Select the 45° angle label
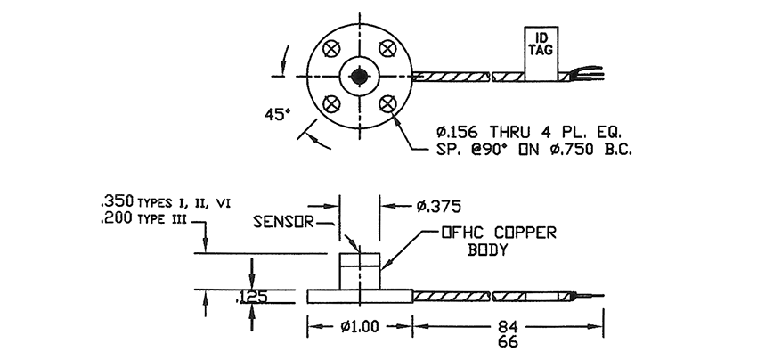(278, 114)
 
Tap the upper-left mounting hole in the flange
(332, 48)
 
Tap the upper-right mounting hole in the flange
(387, 48)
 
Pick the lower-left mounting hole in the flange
(332, 103)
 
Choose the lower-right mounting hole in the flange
(387, 103)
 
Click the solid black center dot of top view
(360, 76)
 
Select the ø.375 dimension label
(440, 207)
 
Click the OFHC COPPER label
(499, 233)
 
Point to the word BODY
(487, 250)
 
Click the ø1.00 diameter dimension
(360, 326)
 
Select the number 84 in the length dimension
(509, 325)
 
